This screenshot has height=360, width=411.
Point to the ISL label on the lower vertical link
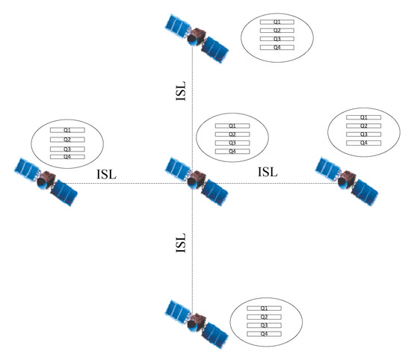pyautogui.click(x=180, y=243)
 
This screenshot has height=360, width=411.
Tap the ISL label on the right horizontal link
pyautogui.click(x=268, y=172)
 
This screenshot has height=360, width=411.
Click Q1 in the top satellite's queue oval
pyautogui.click(x=276, y=22)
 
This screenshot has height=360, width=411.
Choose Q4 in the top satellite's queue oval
pyautogui.click(x=276, y=47)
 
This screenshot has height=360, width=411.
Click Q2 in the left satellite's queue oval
pyautogui.click(x=67, y=140)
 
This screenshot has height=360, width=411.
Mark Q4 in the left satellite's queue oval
pyautogui.click(x=67, y=156)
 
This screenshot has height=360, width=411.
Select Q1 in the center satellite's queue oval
pyautogui.click(x=232, y=125)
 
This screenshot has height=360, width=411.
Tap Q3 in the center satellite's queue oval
pyautogui.click(x=232, y=143)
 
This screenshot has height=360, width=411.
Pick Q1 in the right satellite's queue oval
pyautogui.click(x=364, y=118)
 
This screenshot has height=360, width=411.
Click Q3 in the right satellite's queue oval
pyautogui.click(x=364, y=134)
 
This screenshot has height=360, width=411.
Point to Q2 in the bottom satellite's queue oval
pyautogui.click(x=264, y=317)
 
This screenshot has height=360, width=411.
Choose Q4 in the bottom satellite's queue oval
pyautogui.click(x=264, y=334)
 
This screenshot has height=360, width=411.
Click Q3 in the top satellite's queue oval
pyautogui.click(x=276, y=39)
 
